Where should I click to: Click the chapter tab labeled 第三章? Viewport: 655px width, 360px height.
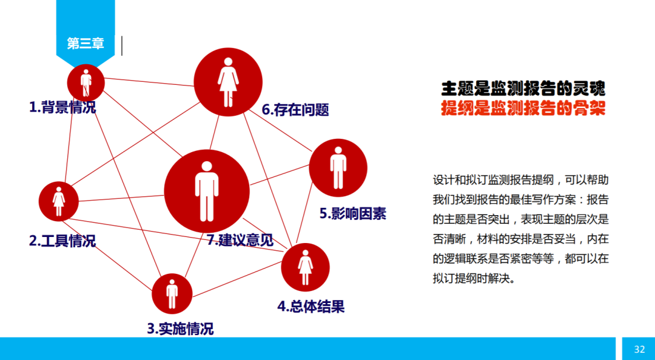[85, 44]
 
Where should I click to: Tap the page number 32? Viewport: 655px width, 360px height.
[639, 349]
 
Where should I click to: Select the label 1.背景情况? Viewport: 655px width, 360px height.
[62, 107]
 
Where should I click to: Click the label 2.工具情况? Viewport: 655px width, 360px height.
[62, 241]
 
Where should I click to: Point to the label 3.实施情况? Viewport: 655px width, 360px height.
[180, 329]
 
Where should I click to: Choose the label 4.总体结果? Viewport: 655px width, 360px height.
[311, 306]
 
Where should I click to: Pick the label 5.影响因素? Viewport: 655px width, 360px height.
[352, 213]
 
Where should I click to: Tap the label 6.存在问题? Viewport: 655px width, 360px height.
[295, 110]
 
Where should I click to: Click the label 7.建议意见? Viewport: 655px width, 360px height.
[240, 240]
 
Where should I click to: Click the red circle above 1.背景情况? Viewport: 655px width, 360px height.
[86, 82]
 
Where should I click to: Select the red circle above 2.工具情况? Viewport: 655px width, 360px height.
[59, 201]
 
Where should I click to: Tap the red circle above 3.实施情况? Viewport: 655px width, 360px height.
[172, 293]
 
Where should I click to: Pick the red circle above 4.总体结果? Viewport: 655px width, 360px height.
[305, 267]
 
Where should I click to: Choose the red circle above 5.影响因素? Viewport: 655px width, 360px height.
[338, 168]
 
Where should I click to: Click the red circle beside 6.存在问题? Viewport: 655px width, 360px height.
[228, 81]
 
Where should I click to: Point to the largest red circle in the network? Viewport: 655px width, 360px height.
[207, 191]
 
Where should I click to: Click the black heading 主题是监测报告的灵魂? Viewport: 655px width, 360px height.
[523, 88]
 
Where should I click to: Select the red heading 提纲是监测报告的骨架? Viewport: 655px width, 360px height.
[523, 108]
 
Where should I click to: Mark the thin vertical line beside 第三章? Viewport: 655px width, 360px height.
[122, 45]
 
